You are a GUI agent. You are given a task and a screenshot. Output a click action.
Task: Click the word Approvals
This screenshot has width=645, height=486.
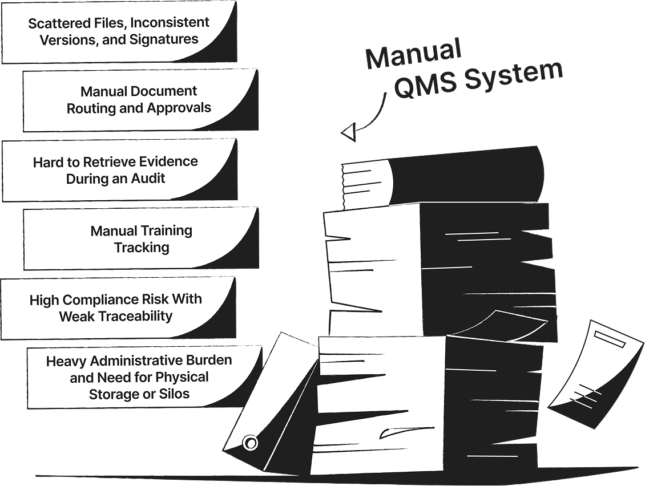click(179, 108)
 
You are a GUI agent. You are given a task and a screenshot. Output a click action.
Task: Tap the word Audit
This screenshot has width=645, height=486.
click(147, 178)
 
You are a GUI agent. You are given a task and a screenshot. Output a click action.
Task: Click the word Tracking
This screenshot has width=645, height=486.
click(142, 248)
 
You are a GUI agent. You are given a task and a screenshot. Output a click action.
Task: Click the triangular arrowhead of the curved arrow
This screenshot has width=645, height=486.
click(348, 132)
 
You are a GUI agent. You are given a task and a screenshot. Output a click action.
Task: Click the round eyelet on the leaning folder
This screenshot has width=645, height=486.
click(250, 443)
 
